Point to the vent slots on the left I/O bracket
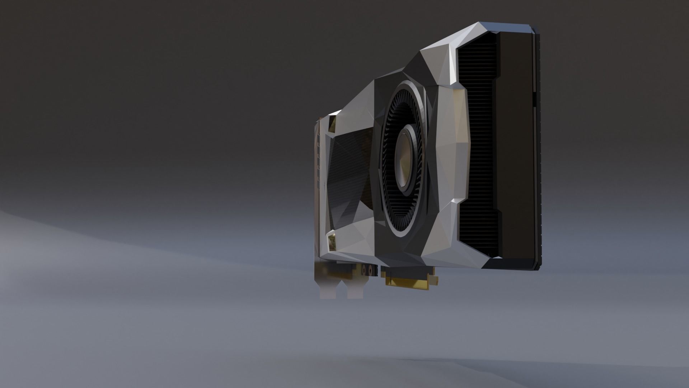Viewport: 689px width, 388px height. pos(318,158)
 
